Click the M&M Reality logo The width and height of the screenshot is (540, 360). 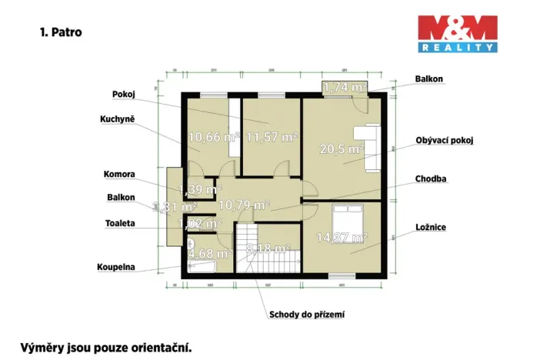click(457, 34)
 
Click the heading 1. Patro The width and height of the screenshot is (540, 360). click(61, 33)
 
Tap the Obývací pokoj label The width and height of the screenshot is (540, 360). click(444, 141)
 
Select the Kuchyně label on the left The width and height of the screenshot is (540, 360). click(118, 119)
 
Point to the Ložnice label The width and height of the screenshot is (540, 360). click(430, 228)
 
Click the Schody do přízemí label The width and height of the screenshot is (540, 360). click(305, 314)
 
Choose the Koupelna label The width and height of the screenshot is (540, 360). click(116, 268)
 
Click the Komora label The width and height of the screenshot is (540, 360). click(120, 173)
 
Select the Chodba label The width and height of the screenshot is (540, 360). click(431, 178)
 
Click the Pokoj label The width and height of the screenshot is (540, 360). click(123, 94)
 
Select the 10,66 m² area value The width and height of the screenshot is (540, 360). click(212, 138)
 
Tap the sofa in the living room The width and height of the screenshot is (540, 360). click(370, 142)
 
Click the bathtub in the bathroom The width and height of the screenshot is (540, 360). click(202, 266)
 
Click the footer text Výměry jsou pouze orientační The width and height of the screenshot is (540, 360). click(105, 347)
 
